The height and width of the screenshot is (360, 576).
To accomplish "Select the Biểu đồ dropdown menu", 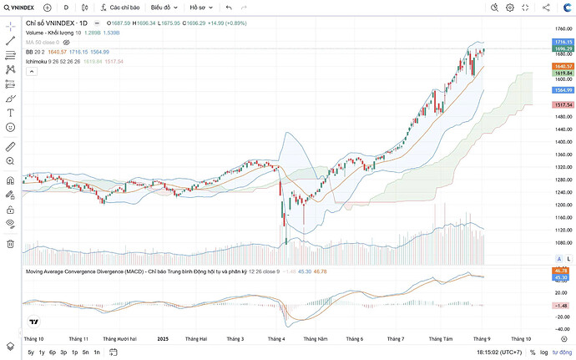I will point(164,8).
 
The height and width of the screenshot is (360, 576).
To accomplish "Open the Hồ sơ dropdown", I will point(202,8).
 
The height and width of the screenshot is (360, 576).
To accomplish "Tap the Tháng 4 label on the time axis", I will point(276,339).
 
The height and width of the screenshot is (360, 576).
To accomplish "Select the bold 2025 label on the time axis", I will point(163,339).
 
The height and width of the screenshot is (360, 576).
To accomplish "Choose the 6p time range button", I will point(52,352).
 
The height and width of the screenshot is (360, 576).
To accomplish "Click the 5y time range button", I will point(31,352).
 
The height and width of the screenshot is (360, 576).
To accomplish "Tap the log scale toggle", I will point(544,352).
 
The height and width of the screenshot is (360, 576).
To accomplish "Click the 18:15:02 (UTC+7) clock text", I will point(500,352).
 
